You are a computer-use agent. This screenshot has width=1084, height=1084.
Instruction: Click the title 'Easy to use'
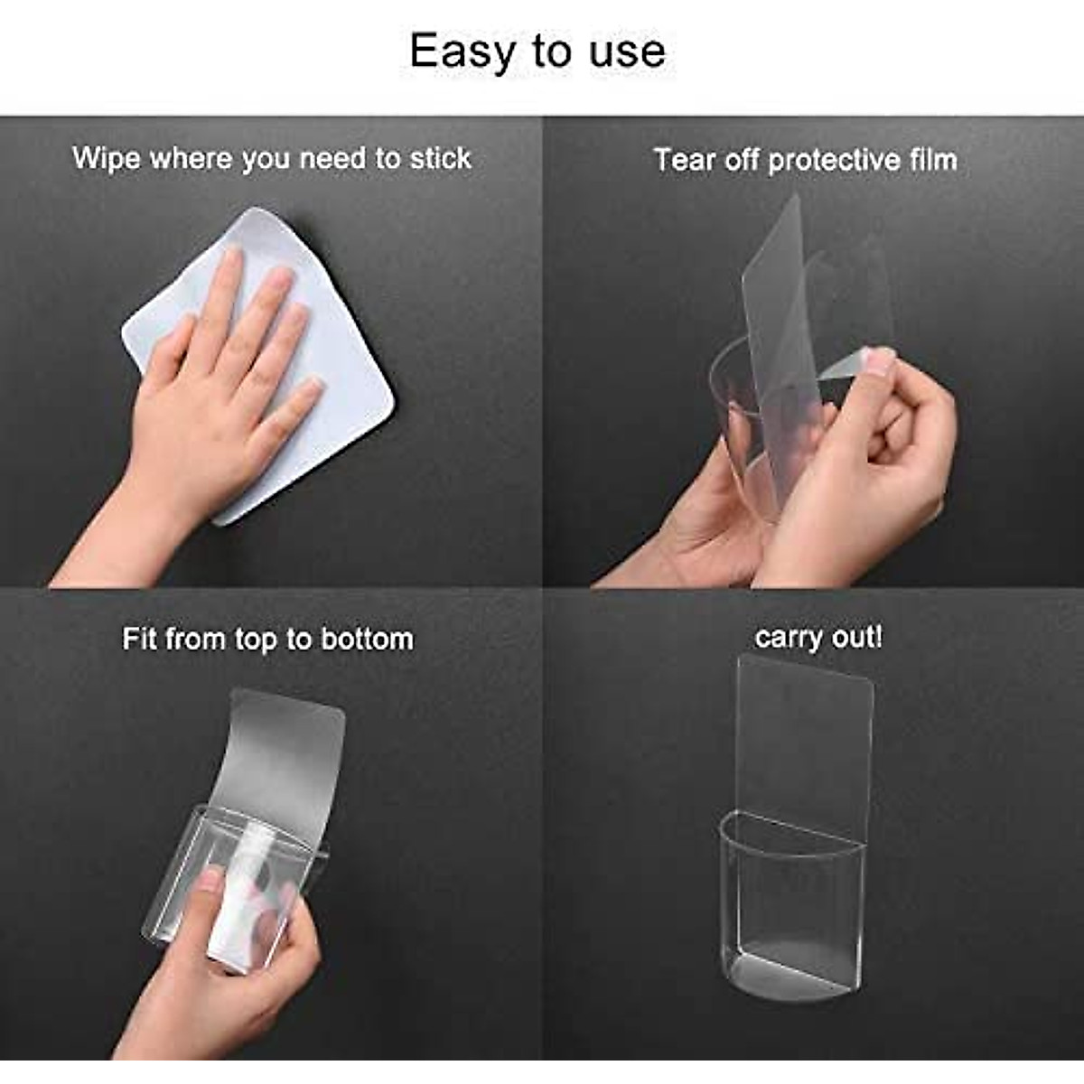click(537, 51)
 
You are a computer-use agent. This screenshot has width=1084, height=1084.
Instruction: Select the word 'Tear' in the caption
click(684, 160)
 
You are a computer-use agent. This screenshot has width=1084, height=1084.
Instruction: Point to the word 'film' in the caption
click(933, 160)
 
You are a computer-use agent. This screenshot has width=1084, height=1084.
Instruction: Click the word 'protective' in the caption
click(834, 161)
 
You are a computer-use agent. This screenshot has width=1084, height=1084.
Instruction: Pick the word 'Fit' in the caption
click(140, 639)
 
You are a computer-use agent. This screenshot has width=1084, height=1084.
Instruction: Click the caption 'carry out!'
click(818, 637)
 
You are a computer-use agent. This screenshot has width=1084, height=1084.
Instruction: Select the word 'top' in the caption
click(257, 640)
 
